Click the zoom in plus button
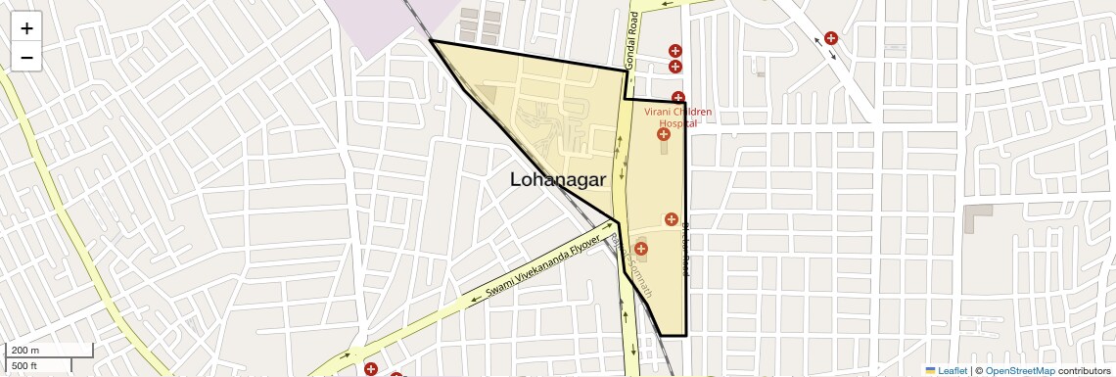(x=26, y=28)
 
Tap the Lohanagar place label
(x=558, y=180)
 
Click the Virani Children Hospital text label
(x=677, y=118)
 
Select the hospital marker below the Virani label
(x=663, y=133)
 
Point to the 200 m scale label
(x=25, y=350)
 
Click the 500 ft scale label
(x=24, y=365)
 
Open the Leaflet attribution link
(x=946, y=371)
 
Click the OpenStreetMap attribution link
(x=1020, y=371)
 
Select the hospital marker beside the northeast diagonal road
(x=831, y=38)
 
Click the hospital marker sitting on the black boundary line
(x=677, y=97)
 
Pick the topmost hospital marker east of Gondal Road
(x=674, y=50)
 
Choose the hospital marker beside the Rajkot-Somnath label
(x=641, y=249)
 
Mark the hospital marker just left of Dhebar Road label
(x=671, y=218)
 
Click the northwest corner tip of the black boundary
(x=431, y=41)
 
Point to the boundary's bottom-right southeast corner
(x=685, y=335)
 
